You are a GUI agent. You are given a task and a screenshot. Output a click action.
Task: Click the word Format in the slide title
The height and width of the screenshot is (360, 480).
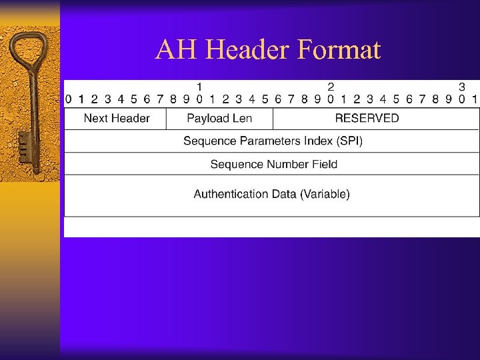[x=340, y=50]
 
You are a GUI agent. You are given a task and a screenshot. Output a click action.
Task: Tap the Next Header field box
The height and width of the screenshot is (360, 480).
[x=116, y=119]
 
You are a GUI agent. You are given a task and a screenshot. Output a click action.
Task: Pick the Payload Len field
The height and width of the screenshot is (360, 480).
[x=219, y=119]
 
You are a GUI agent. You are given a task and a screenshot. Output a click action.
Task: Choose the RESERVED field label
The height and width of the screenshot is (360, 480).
[x=367, y=119]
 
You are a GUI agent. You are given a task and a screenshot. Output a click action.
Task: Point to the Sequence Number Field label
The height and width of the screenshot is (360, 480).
[x=273, y=164]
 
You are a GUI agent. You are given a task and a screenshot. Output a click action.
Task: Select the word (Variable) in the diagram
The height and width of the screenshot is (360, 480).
[x=325, y=195]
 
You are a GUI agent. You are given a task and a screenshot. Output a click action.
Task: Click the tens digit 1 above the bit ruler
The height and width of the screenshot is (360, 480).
[x=199, y=87]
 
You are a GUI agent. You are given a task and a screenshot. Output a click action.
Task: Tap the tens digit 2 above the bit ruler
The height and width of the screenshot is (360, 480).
[x=331, y=87]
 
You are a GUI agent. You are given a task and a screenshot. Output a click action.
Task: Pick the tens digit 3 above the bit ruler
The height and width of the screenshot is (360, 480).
[x=461, y=87]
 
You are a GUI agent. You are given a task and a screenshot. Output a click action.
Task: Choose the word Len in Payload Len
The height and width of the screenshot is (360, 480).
[x=241, y=119]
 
